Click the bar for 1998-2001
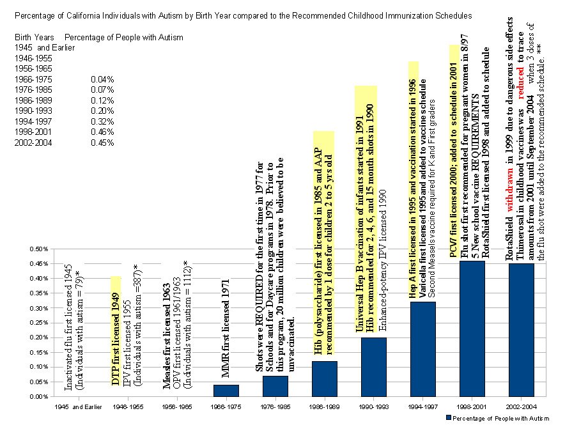tap(472, 329)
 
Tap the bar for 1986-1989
tap(324, 378)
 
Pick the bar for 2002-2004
tap(521, 330)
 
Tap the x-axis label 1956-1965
tap(177, 407)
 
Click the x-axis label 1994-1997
tap(422, 407)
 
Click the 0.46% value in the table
tap(102, 132)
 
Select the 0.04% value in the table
tap(102, 79)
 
